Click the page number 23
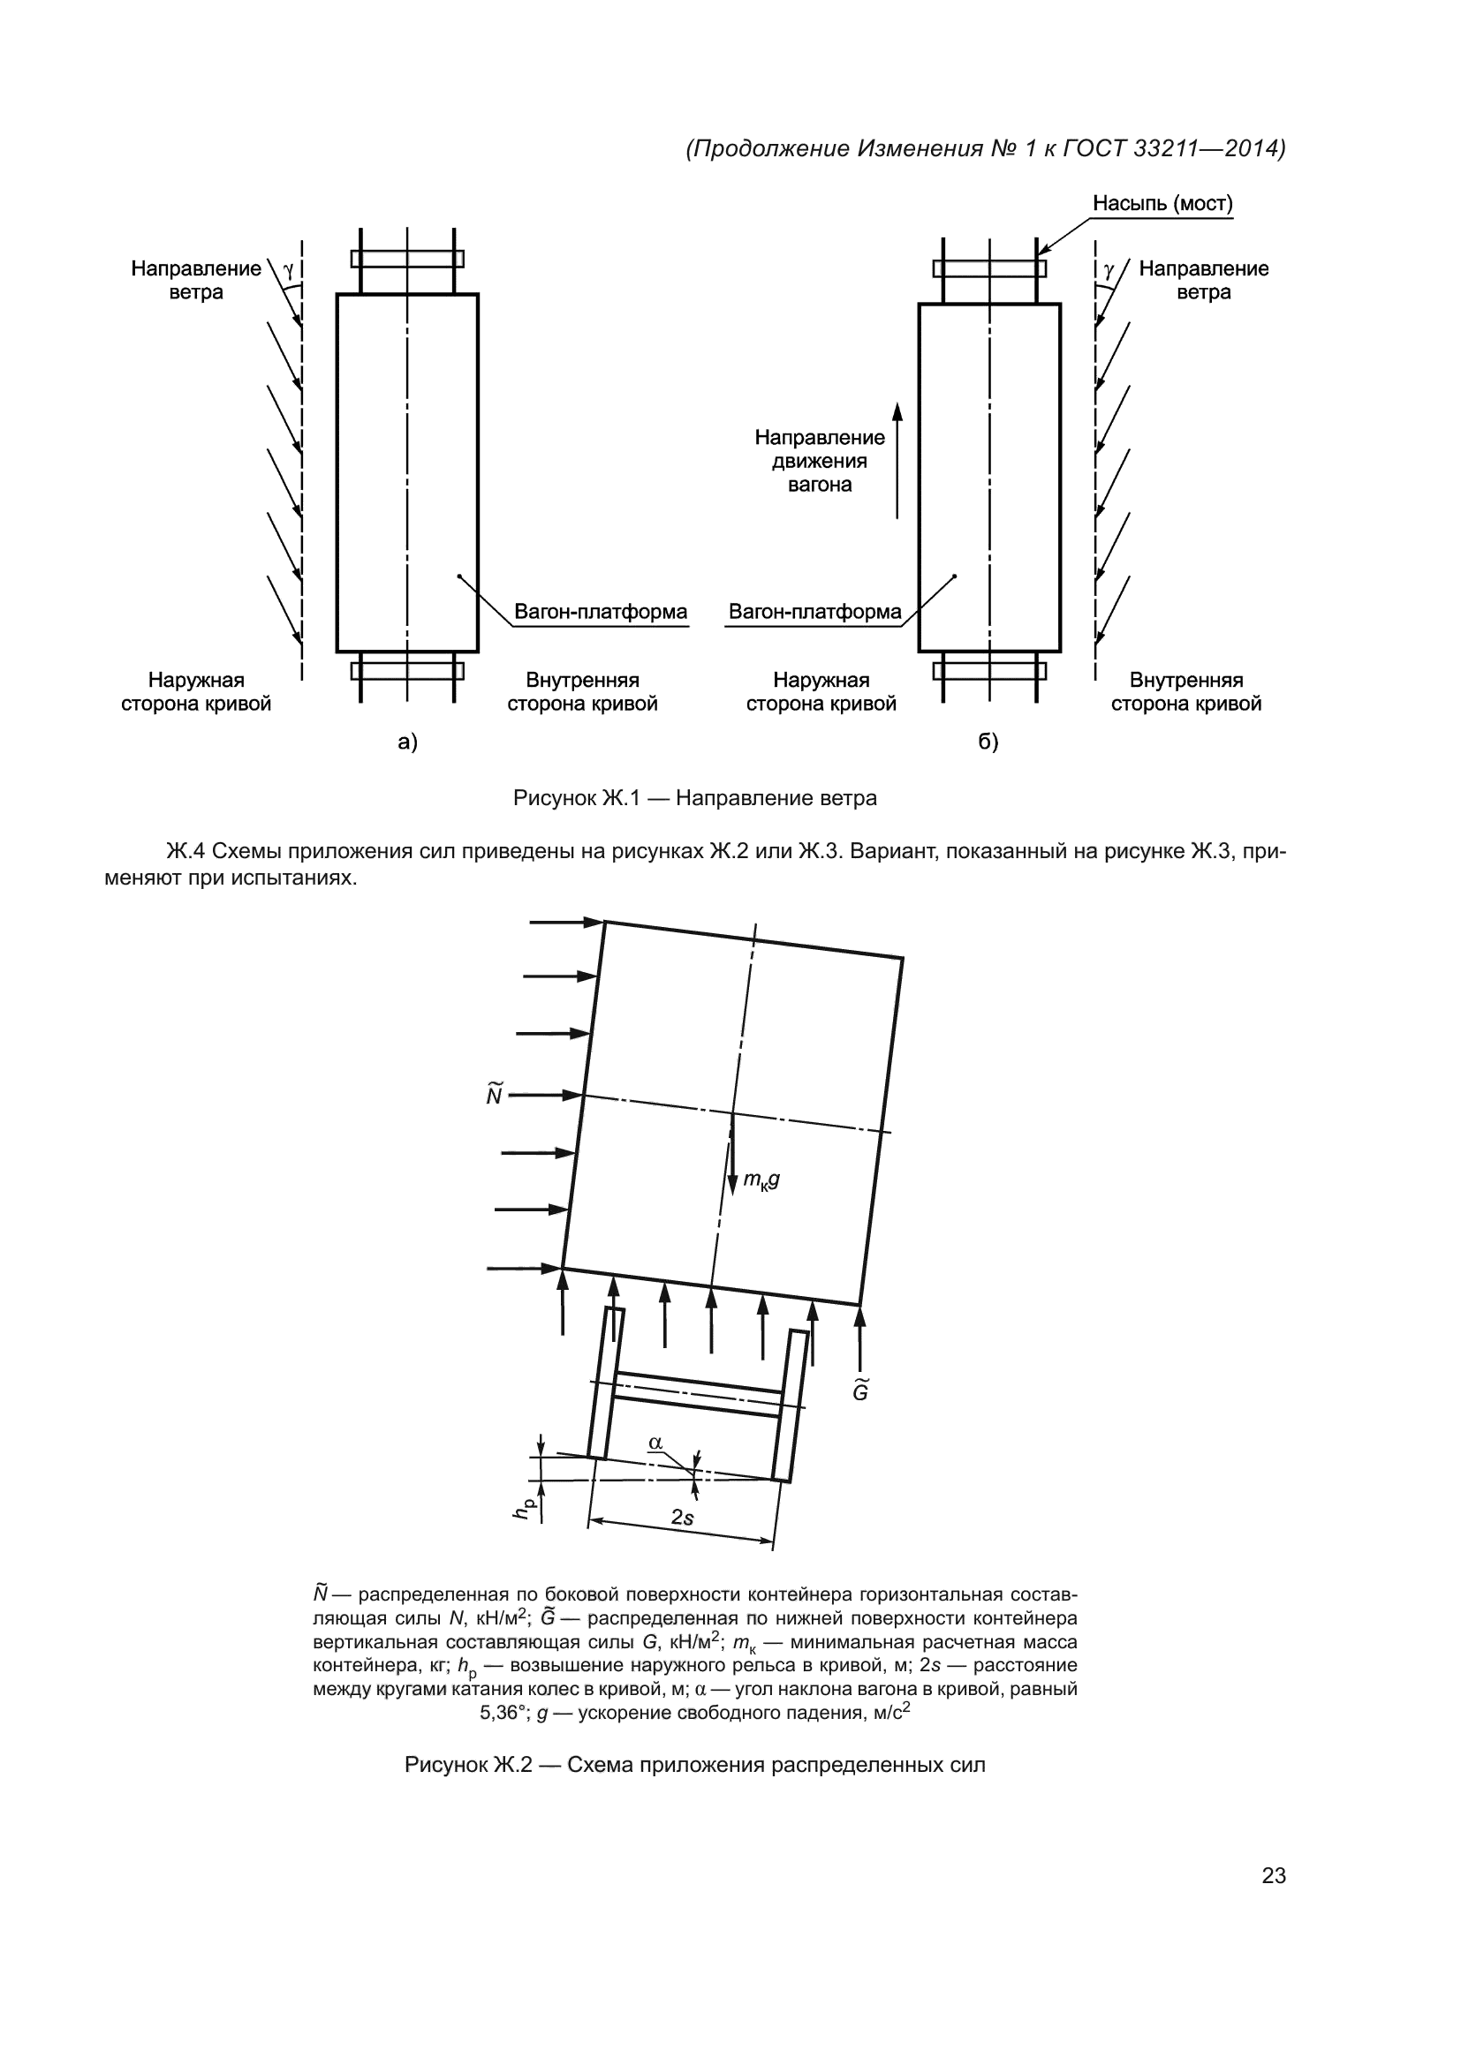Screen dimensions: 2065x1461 pyautogui.click(x=1273, y=1875)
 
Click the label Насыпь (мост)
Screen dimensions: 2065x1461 pyautogui.click(x=1162, y=204)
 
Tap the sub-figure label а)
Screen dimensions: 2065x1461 pyautogui.click(x=407, y=742)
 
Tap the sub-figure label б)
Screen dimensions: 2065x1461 pyautogui.click(x=988, y=742)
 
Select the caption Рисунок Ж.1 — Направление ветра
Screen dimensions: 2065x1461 pyautogui.click(x=694, y=798)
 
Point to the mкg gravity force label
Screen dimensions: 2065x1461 pyautogui.click(x=761, y=1180)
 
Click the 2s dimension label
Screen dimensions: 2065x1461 pyautogui.click(x=683, y=1518)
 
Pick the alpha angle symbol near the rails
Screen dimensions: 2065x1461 pyautogui.click(x=655, y=1443)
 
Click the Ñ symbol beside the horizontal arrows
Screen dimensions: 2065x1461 pyautogui.click(x=494, y=1095)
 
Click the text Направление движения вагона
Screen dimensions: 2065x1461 pyautogui.click(x=820, y=462)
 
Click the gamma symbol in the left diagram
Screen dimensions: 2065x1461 pyautogui.click(x=288, y=269)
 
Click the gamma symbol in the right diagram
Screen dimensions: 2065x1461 pyautogui.click(x=1109, y=269)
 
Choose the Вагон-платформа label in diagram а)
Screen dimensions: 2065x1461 pyautogui.click(x=600, y=613)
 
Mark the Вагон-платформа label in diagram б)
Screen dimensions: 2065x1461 pyautogui.click(x=814, y=613)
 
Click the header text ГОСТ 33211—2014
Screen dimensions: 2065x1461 pyautogui.click(x=1174, y=148)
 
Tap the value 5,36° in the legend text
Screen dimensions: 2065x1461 pyautogui.click(x=503, y=1714)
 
